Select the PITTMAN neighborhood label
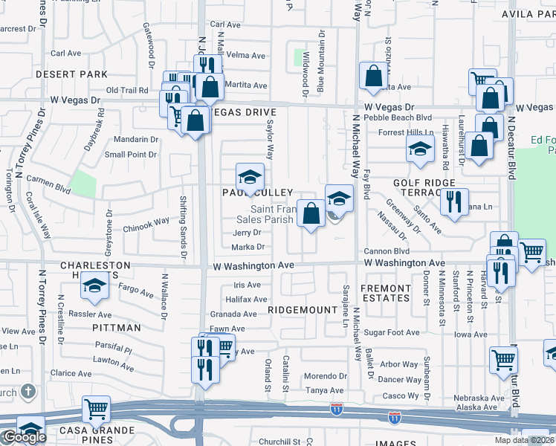(x=117, y=328)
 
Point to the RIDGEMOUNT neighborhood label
(x=297, y=310)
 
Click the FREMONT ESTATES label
(x=386, y=293)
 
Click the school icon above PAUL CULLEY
(x=250, y=177)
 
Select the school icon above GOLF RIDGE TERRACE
(x=420, y=148)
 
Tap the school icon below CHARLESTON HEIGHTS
(x=94, y=286)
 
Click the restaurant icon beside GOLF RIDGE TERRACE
(x=453, y=201)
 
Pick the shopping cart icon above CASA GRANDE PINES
(x=96, y=409)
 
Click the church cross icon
(x=28, y=390)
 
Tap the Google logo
(x=24, y=437)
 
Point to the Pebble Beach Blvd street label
(x=404, y=117)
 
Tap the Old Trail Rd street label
(x=127, y=90)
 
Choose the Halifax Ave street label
(x=245, y=299)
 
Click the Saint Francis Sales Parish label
(x=265, y=214)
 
